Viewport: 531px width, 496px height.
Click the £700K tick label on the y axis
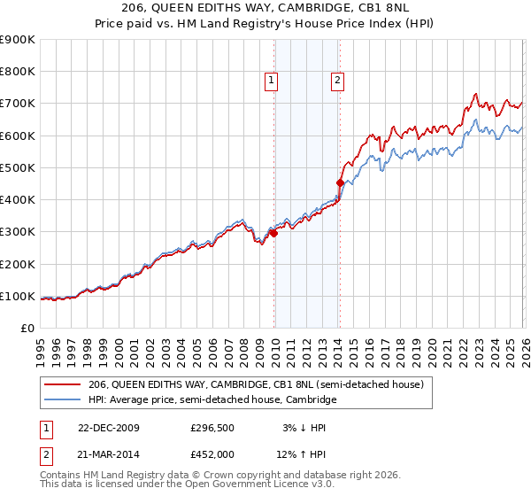[x=18, y=104]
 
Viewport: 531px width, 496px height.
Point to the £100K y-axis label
[x=18, y=296]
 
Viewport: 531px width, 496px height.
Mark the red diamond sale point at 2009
[x=273, y=233]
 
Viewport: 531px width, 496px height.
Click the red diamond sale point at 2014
[x=340, y=183]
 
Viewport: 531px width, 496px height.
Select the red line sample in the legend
[x=64, y=384]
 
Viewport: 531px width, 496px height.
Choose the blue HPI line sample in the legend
[x=64, y=400]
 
